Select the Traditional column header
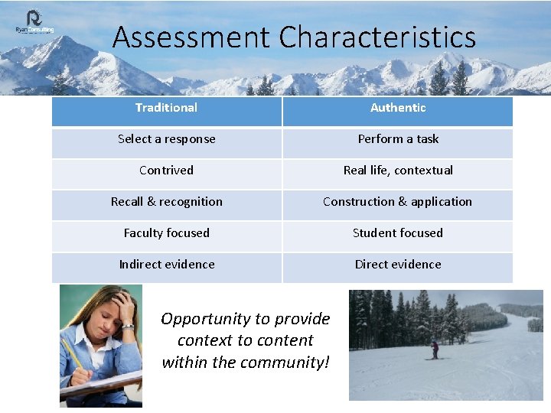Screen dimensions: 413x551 click(166, 108)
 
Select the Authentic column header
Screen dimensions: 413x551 click(398, 108)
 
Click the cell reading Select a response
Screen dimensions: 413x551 click(166, 139)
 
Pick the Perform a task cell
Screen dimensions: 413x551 click(398, 139)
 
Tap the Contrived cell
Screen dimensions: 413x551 click(166, 171)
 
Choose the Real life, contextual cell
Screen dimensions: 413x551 click(398, 171)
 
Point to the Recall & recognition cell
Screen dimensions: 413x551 click(166, 202)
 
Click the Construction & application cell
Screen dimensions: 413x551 click(398, 202)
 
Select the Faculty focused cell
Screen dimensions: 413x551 click(166, 233)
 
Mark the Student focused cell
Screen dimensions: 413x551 click(398, 233)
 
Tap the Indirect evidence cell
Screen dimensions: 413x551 click(166, 265)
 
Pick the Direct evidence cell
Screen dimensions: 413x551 click(398, 265)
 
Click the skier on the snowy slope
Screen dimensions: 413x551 click(435, 350)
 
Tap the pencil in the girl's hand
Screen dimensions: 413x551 click(73, 356)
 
